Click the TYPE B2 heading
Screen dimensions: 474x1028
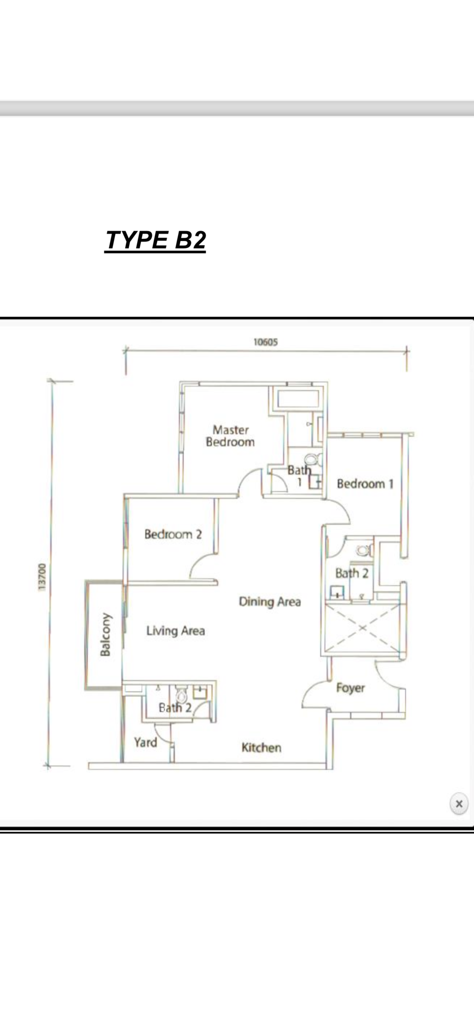155,240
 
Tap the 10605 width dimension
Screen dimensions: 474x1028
266,342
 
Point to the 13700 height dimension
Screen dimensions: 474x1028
42,577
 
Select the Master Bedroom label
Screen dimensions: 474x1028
230,436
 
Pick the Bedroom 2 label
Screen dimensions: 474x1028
173,534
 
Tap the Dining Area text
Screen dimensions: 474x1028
270,602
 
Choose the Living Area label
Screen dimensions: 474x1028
176,631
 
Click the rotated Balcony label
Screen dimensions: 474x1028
105,635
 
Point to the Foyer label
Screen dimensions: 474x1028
350,688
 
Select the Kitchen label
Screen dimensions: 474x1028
261,747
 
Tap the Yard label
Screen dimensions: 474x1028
145,742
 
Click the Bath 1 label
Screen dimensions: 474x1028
299,476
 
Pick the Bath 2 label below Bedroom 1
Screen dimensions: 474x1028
352,574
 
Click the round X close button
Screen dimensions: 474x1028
459,804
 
